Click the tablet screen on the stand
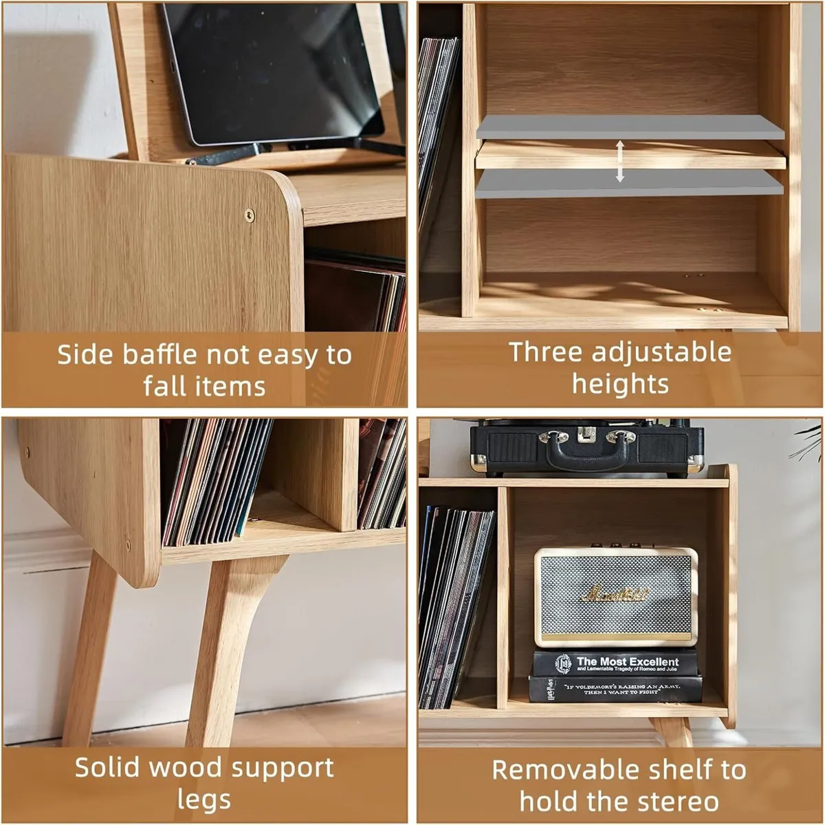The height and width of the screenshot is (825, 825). tap(272, 69)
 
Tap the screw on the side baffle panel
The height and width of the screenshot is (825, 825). tap(250, 215)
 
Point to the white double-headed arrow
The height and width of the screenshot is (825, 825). tap(619, 161)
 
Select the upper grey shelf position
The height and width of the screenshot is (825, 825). tap(629, 127)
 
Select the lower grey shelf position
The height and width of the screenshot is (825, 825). tap(629, 184)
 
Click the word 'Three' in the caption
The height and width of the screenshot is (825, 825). tap(545, 352)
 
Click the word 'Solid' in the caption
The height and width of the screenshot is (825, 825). tap(109, 767)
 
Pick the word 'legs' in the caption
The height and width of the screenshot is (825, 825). tap(204, 800)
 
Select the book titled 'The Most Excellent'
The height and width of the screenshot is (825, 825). tap(615, 664)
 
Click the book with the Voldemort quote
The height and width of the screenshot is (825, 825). tap(615, 689)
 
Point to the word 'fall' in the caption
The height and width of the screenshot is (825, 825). tap(162, 387)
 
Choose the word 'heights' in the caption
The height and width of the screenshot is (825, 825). tap(620, 384)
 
